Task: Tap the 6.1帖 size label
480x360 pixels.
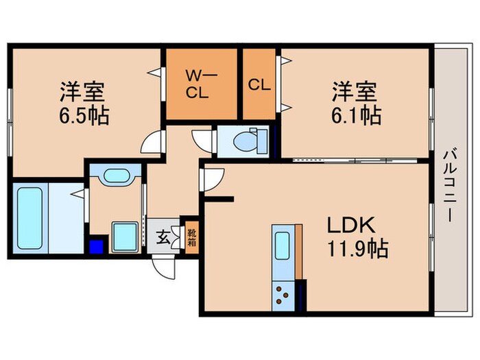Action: (354, 112)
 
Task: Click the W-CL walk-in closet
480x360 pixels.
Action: (202, 84)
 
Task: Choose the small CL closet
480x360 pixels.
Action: (260, 84)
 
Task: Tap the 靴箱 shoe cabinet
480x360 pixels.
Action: (191, 237)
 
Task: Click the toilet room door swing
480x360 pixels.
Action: (204, 138)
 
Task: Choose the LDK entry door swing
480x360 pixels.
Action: (210, 179)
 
